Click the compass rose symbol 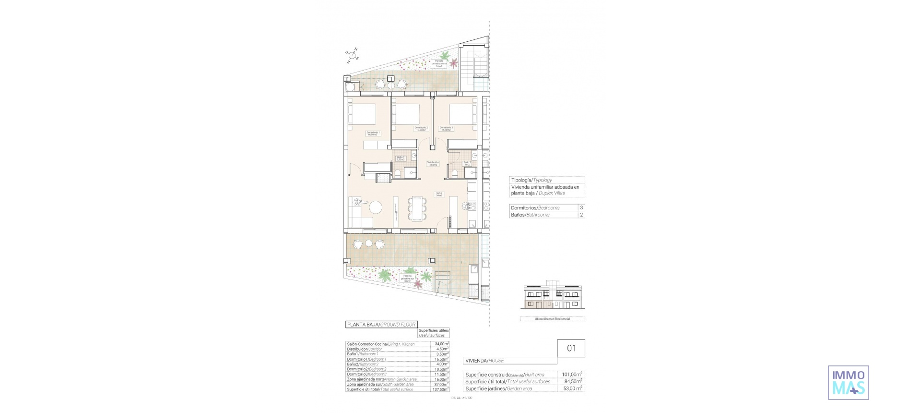[x=353, y=55]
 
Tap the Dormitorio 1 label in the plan [x=373, y=134]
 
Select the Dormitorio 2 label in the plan [x=421, y=128]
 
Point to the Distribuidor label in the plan [x=433, y=164]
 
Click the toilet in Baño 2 [x=454, y=173]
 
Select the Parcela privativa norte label [x=438, y=63]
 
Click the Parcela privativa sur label [x=407, y=279]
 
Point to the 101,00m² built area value [x=572, y=375]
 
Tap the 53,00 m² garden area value [x=572, y=389]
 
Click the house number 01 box [x=571, y=348]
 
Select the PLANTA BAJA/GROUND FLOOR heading [x=381, y=325]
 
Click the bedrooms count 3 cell [x=581, y=208]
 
